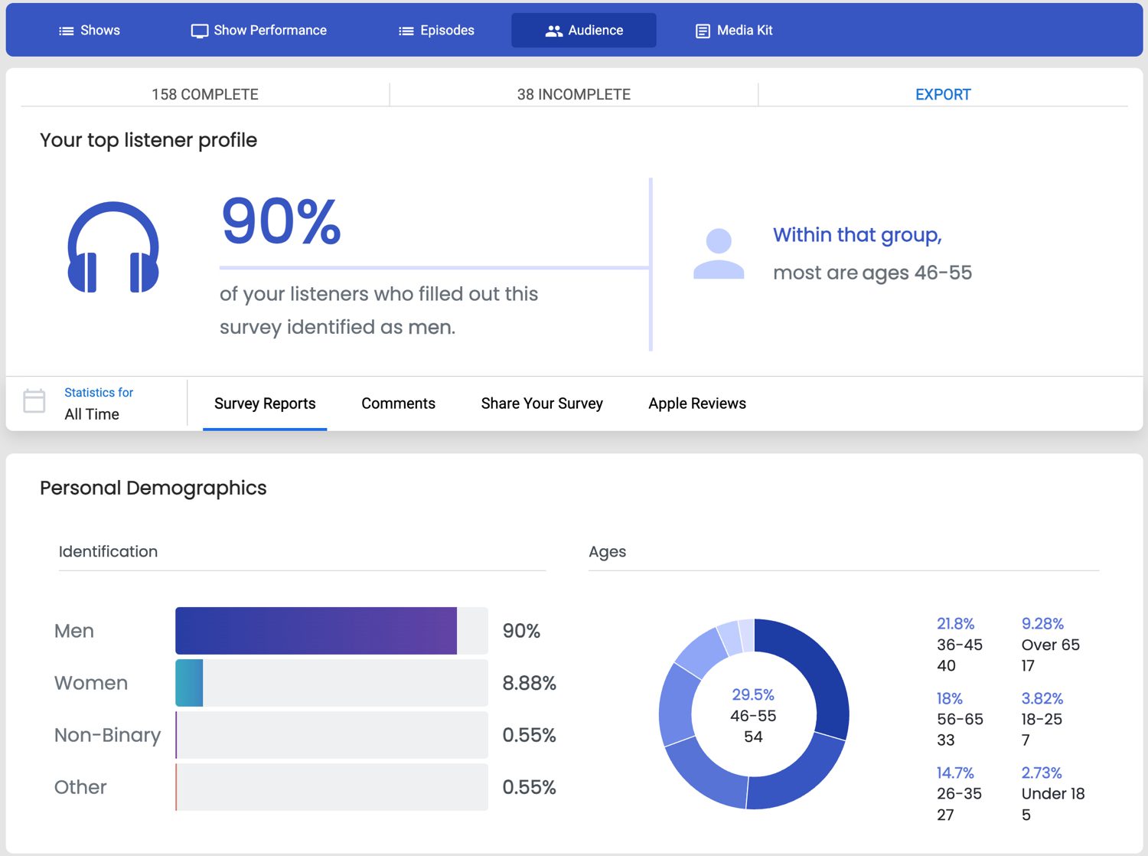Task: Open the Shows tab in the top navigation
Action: point(90,31)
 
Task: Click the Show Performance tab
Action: point(259,31)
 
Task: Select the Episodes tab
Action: point(436,31)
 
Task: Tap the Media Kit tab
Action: point(733,31)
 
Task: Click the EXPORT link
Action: point(942,94)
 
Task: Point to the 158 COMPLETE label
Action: point(205,94)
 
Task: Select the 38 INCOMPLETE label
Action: point(573,94)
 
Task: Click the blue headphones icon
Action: point(113,247)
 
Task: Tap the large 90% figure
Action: point(281,221)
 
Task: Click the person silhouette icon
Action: point(718,253)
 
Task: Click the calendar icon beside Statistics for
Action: point(34,400)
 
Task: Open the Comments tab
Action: point(398,403)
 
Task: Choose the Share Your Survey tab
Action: point(542,403)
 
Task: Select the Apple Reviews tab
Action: point(696,403)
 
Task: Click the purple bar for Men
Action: point(315,631)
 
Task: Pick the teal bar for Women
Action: point(189,683)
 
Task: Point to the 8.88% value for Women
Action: point(529,683)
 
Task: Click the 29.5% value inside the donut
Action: point(753,694)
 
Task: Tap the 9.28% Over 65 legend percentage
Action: point(1042,623)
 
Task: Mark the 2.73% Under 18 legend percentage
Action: point(1041,773)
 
